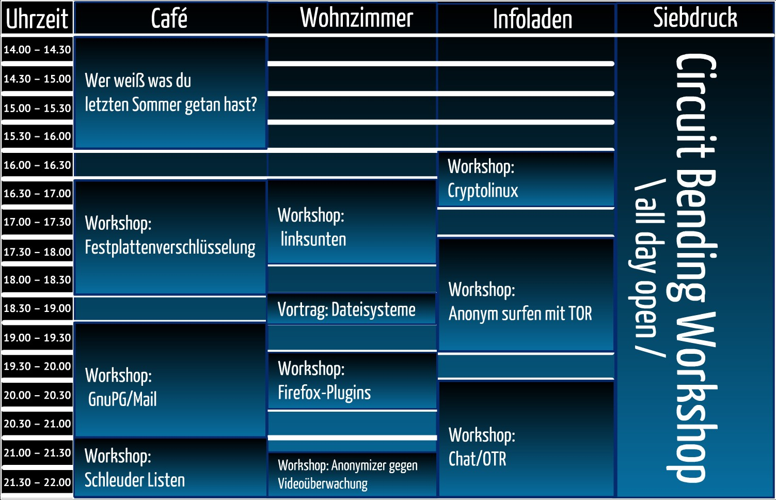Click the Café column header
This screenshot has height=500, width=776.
(169, 19)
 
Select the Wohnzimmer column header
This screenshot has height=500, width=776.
(356, 18)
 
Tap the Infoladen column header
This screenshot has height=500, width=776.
(532, 19)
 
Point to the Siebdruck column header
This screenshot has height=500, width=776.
(695, 18)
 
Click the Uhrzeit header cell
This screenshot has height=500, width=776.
(37, 19)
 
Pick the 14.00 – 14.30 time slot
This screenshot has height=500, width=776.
(37, 50)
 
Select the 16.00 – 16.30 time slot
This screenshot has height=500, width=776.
(37, 165)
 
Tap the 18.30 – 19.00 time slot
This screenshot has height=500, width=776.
(37, 308)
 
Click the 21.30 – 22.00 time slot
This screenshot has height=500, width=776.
(37, 482)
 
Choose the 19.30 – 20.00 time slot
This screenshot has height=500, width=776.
(37, 366)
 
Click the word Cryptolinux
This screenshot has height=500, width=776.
(483, 191)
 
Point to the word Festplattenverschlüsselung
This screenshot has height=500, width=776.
(170, 247)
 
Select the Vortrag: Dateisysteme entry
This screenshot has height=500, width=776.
(346, 309)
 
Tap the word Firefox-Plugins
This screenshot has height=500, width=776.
(324, 393)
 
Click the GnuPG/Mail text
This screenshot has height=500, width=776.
(122, 399)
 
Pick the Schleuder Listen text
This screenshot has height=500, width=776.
(135, 480)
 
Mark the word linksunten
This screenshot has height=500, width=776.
(313, 239)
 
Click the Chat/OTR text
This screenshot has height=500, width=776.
(478, 459)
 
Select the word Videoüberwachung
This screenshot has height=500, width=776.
(323, 484)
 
